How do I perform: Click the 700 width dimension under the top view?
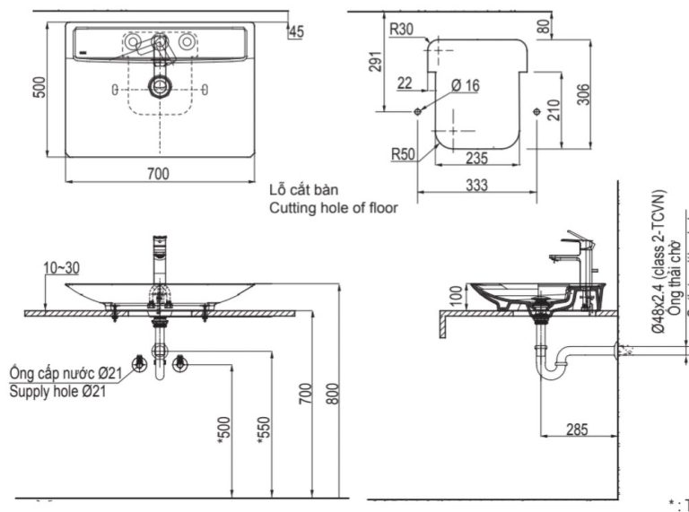[x=158, y=174]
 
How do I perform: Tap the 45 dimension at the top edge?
[x=297, y=32]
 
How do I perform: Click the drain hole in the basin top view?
[x=160, y=87]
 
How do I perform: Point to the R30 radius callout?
[x=401, y=29]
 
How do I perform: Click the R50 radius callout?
[x=402, y=153]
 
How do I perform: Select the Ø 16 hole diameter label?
[x=466, y=85]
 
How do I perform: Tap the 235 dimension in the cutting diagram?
[x=477, y=159]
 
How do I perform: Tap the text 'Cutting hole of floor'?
[x=333, y=207]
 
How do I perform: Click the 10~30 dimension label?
[x=60, y=267]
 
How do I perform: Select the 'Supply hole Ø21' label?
[x=57, y=391]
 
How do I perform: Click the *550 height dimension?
[x=264, y=431]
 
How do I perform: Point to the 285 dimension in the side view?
[x=577, y=430]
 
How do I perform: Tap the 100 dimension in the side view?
[x=453, y=295]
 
